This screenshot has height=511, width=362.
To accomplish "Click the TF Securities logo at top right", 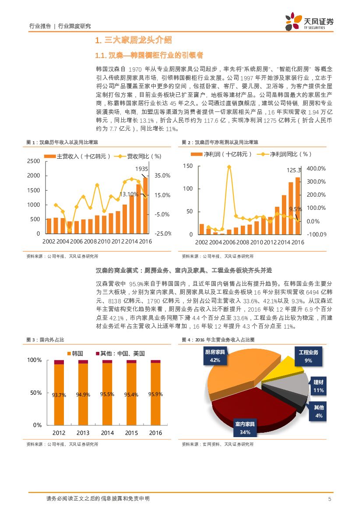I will point(309,21).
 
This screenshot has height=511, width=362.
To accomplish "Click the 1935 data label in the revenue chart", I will point(141,169).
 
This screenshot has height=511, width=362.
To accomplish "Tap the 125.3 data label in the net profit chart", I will point(294,170).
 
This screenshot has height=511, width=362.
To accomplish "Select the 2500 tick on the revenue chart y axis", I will point(33,161).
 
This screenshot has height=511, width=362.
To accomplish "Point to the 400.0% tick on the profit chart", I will point(316,169).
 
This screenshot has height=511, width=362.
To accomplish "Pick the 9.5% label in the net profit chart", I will point(296,209).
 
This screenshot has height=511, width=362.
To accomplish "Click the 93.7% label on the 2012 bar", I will point(59,395).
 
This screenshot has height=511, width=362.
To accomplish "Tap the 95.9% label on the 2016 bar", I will point(155,394).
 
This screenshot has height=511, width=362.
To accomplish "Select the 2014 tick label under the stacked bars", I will point(107,433).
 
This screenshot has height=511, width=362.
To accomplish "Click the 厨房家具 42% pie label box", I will point(215,356).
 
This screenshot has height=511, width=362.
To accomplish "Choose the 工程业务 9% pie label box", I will point(308,356).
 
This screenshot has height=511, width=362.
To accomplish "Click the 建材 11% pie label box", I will point(318,386).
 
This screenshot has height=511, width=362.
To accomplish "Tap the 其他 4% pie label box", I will point(319,412).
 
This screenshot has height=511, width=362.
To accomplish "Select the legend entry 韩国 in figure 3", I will point(74,354).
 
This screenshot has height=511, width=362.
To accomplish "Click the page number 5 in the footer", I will point(330,499).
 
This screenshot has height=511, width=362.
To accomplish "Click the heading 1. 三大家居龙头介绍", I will point(133,40).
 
